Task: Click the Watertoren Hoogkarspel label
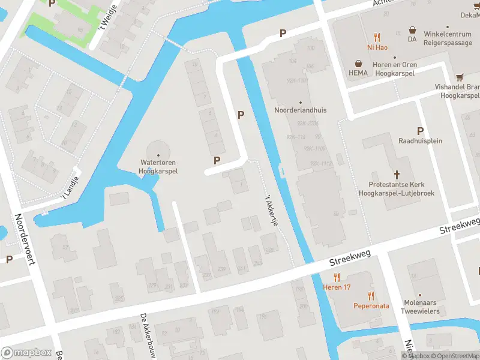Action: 158,166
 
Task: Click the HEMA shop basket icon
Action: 358,63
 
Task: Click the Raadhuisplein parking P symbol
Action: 420,131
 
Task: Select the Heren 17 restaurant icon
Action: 337,277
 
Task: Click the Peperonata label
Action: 370,305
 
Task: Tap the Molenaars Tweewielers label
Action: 420,307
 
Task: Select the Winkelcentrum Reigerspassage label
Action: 452,38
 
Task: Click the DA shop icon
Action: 412,29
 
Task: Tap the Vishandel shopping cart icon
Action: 460,77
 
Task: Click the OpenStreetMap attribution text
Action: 455,356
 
